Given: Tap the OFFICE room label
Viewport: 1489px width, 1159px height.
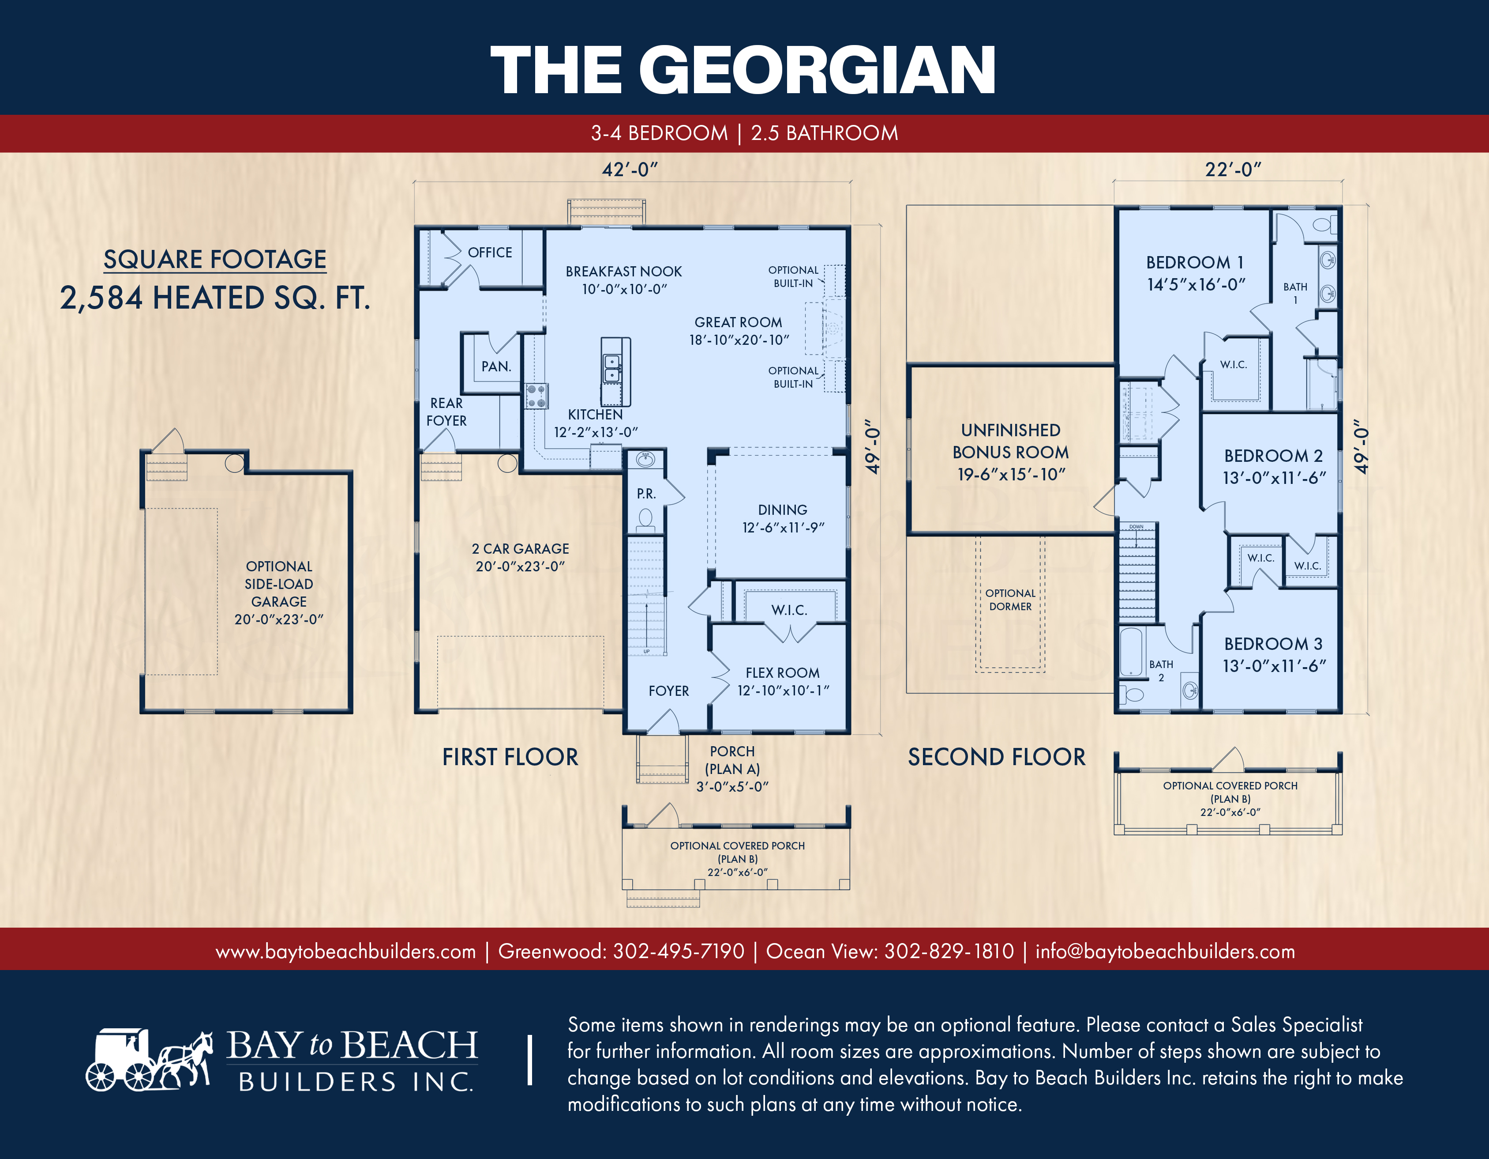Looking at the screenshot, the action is (x=490, y=253).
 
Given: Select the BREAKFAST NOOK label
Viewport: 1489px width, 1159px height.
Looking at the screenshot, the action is (x=623, y=272).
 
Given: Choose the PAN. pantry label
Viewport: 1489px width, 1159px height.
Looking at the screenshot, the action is (x=495, y=366).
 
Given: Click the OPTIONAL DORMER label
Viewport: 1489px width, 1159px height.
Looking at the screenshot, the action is (x=1010, y=600).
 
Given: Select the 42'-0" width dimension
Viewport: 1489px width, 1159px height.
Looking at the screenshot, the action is (x=629, y=169).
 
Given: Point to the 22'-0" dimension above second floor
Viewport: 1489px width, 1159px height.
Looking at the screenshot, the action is (x=1233, y=169).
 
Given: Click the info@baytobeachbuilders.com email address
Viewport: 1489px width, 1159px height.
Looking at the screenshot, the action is (x=1165, y=951).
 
